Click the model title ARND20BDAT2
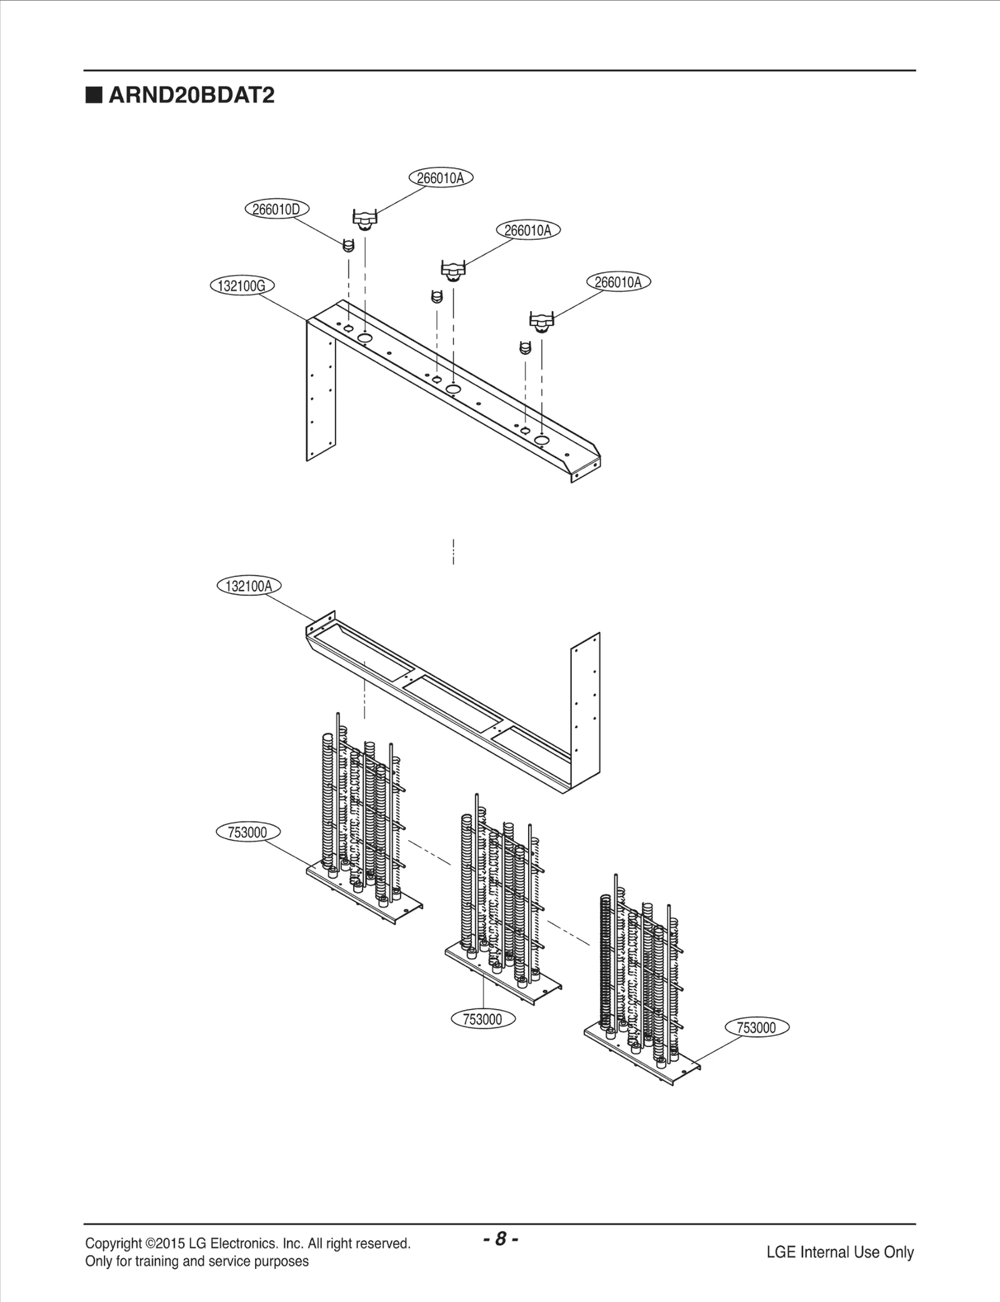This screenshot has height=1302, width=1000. (x=191, y=96)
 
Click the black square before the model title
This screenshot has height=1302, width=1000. (x=94, y=96)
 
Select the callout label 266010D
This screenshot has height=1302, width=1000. (x=276, y=209)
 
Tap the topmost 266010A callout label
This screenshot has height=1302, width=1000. (x=441, y=178)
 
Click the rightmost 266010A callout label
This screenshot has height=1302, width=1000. (x=618, y=282)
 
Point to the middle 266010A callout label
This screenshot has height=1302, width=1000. (x=528, y=231)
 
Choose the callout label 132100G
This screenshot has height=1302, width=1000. (x=241, y=286)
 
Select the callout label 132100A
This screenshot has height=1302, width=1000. (x=249, y=586)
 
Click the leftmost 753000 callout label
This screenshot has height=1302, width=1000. (x=247, y=833)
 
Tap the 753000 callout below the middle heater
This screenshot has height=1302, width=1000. (x=482, y=1020)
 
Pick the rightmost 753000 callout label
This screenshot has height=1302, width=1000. (x=756, y=1028)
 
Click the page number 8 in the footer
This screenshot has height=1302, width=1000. (x=500, y=1239)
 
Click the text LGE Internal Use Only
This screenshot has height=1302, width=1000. (x=840, y=1252)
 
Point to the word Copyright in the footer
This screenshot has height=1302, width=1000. (x=113, y=1243)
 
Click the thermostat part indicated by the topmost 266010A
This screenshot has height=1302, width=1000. (x=365, y=220)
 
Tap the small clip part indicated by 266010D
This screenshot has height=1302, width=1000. (x=349, y=246)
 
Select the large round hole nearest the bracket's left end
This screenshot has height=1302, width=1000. (x=365, y=338)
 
